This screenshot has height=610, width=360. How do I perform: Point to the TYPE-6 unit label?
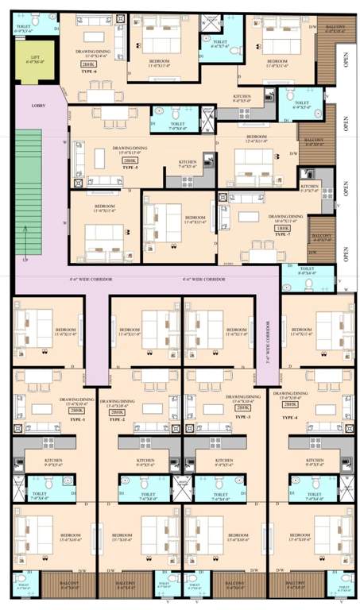pos(87,72)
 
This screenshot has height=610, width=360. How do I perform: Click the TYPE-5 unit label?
pos(129,169)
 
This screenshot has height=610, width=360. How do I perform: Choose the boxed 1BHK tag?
pos(282,228)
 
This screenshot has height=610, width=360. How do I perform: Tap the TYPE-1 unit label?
pos(54,418)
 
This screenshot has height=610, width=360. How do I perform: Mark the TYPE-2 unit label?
pos(118,419)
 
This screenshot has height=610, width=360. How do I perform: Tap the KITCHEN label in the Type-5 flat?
pos(188,164)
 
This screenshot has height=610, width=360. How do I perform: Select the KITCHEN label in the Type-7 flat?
pos(310,189)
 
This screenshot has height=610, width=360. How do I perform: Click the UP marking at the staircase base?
pos(27,260)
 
